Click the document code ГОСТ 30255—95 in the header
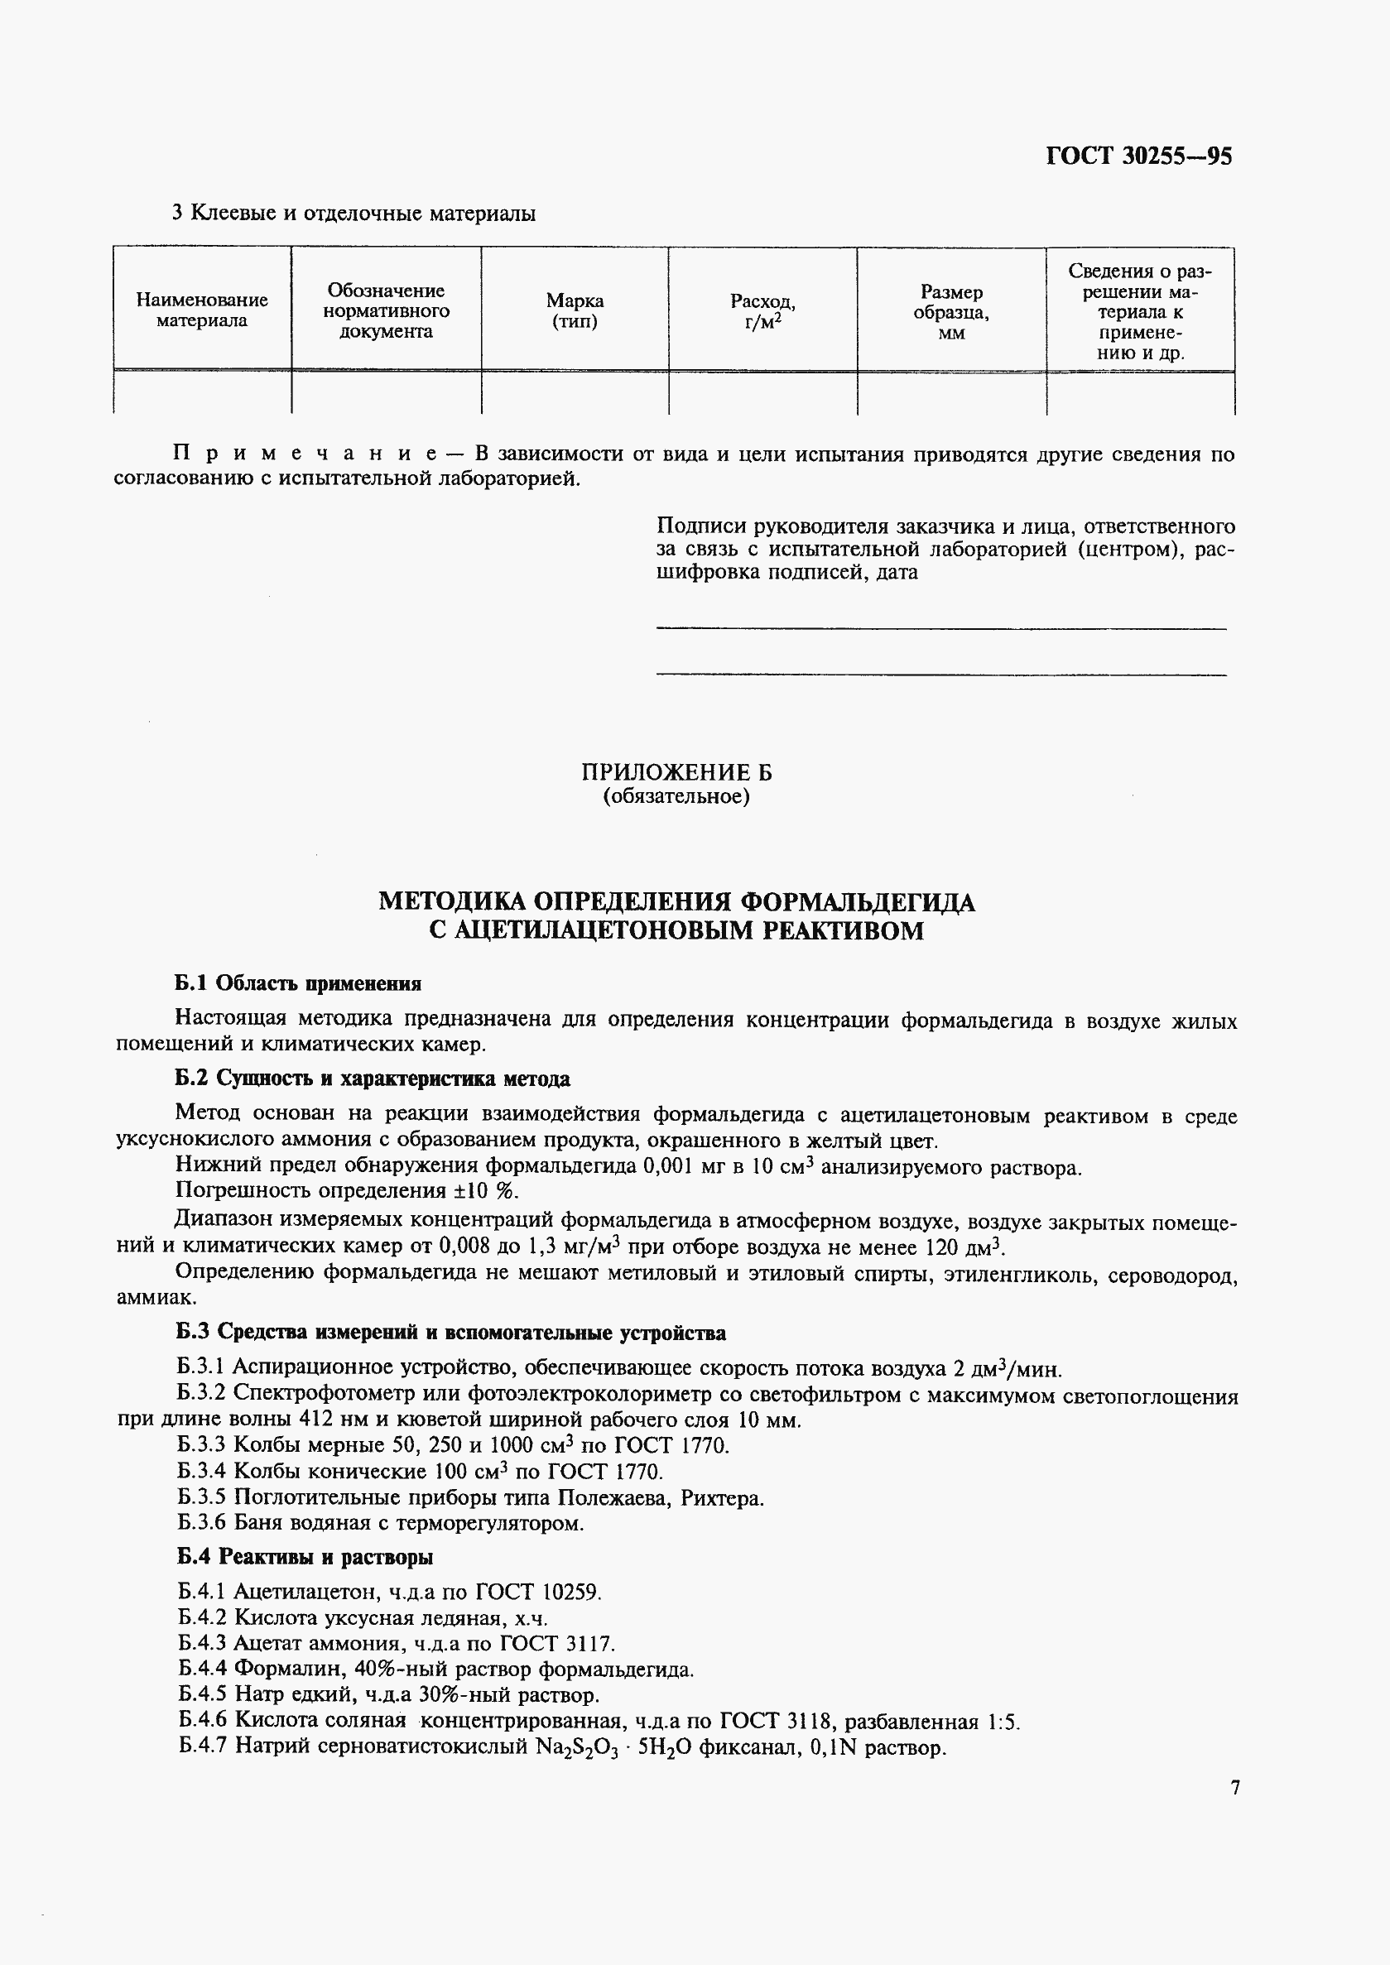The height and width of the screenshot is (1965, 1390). click(1138, 156)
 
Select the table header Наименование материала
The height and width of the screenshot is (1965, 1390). click(202, 310)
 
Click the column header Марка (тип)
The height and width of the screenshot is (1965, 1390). click(575, 310)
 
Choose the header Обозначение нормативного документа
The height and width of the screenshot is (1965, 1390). click(386, 310)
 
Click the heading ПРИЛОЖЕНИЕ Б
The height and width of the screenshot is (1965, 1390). click(676, 773)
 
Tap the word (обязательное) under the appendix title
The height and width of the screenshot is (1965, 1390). click(676, 797)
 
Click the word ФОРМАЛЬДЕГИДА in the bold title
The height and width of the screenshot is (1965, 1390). click(857, 902)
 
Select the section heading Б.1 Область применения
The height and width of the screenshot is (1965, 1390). click(298, 983)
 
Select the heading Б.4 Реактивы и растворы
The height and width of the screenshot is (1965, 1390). click(305, 1558)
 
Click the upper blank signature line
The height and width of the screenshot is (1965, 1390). click(940, 629)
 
